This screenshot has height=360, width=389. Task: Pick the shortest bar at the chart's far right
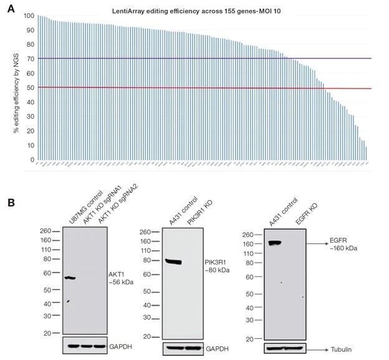click(x=366, y=153)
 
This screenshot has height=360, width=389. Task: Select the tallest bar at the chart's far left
click(x=38, y=87)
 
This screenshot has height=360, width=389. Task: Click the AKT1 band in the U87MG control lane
click(x=70, y=277)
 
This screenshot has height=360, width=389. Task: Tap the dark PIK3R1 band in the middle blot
click(x=181, y=262)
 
